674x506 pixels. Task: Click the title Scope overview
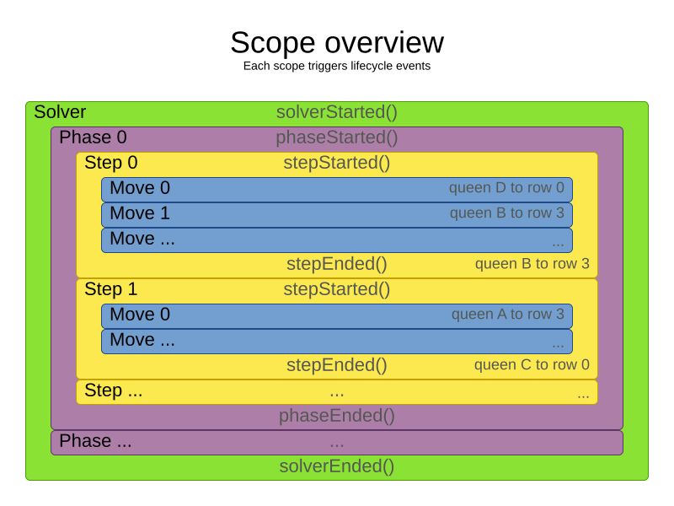[x=336, y=42]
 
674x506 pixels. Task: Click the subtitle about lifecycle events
[x=336, y=66]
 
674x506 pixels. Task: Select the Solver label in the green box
[x=60, y=112]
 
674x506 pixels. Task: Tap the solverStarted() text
[x=336, y=112]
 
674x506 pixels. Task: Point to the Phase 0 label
[x=93, y=137]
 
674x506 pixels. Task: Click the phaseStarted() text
[x=336, y=137]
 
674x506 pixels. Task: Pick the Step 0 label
[x=111, y=163]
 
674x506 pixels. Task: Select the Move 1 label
[x=140, y=213]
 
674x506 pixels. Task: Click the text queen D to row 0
[x=506, y=188]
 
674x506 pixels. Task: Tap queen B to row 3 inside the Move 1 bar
[x=506, y=213]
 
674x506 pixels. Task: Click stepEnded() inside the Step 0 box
[x=336, y=264]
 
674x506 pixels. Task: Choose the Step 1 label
[x=111, y=289]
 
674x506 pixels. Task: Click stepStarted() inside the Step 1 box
[x=336, y=289]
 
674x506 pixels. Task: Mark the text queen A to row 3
[x=507, y=315]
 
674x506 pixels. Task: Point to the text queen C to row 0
[x=532, y=365]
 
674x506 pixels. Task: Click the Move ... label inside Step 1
[x=143, y=340]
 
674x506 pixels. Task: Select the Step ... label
[x=114, y=391]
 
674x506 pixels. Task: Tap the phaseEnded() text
[x=336, y=416]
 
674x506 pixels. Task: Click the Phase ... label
[x=95, y=441]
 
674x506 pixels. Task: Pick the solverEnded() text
[x=336, y=466]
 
